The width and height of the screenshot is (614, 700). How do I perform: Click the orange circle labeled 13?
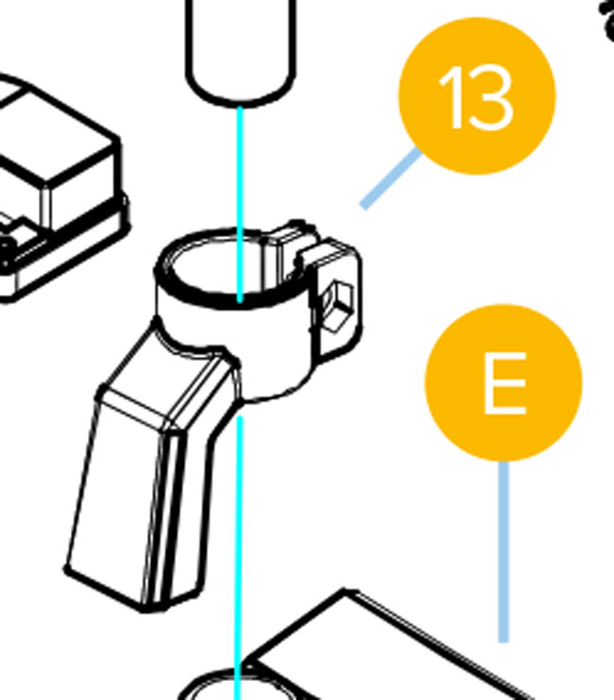477,95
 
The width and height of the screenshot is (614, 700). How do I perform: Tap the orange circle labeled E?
503,383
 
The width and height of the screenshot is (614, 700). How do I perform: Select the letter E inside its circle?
504,383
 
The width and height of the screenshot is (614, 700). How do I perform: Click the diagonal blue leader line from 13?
390,179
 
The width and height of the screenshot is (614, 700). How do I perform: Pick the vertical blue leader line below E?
503,552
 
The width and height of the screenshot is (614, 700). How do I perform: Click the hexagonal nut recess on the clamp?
336,306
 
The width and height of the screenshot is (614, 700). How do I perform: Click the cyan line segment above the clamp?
240,204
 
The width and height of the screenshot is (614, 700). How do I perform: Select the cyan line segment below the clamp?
239,558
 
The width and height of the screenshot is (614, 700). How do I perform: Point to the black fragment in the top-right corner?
607,20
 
